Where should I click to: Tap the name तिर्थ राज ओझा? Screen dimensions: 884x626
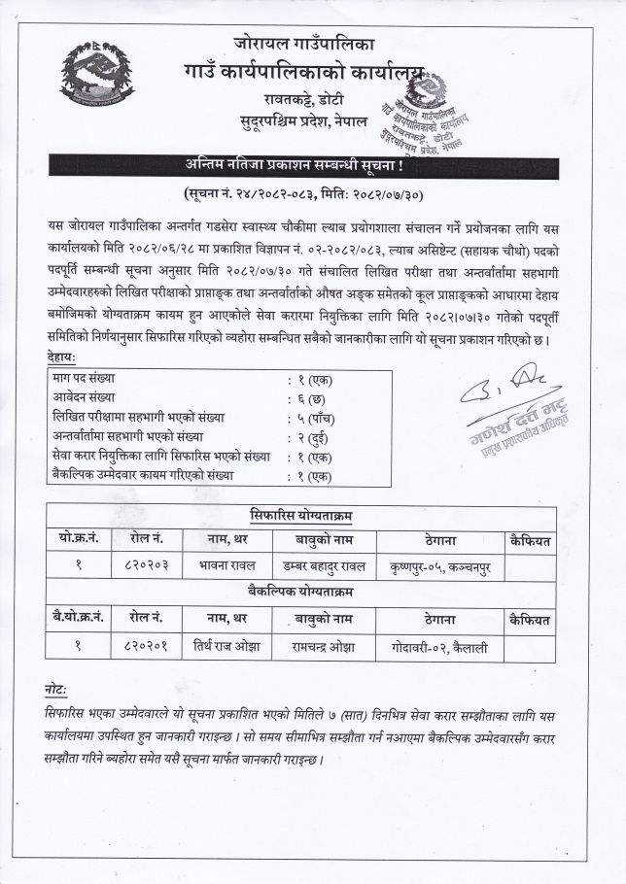click(x=221, y=645)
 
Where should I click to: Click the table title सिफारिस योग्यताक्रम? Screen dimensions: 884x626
click(x=300, y=516)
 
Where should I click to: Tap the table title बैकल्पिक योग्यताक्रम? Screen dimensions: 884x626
click(x=300, y=592)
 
